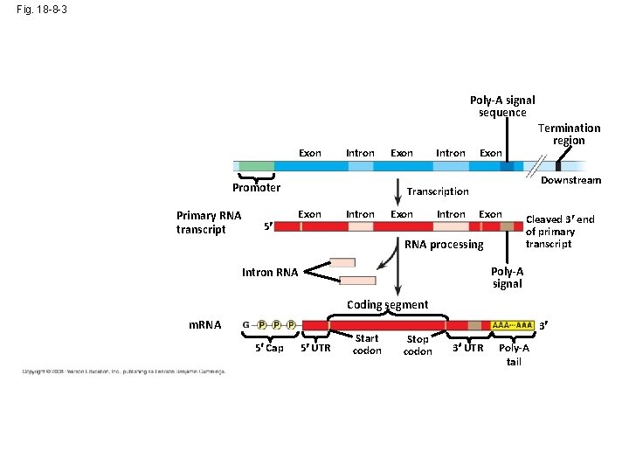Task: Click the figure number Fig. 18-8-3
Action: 41,10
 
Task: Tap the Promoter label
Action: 256,187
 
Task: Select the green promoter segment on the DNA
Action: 256,165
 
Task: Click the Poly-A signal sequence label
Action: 502,106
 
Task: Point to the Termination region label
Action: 569,134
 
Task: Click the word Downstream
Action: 570,180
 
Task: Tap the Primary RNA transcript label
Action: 209,222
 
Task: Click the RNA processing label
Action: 443,245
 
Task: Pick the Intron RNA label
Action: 269,273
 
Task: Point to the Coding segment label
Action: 387,304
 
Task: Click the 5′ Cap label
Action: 269,348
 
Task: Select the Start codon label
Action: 367,344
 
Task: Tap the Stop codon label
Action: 418,344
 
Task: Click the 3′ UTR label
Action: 467,348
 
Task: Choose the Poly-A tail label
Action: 514,354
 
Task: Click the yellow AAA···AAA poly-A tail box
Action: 513,325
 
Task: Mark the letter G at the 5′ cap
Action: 246,325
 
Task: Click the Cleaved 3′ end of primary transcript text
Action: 559,232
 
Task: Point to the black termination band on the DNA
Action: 557,165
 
